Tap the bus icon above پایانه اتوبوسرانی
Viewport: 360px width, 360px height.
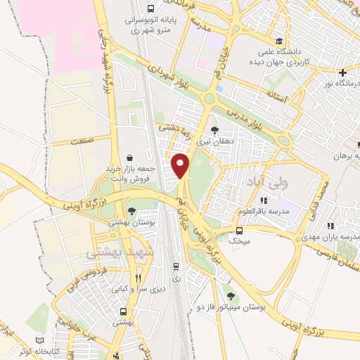coord(151,9)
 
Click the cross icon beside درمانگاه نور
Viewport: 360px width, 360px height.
coord(342,73)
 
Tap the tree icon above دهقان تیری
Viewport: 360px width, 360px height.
coord(214,130)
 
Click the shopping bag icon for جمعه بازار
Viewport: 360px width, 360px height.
coord(129,159)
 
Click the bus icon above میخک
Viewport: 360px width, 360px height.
coord(239,231)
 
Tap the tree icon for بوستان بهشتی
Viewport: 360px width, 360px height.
coord(131,210)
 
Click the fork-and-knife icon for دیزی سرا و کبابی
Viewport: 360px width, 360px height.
coord(139,278)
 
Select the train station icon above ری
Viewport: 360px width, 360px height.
coord(176,266)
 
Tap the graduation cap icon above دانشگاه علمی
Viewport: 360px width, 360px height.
coord(280,41)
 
